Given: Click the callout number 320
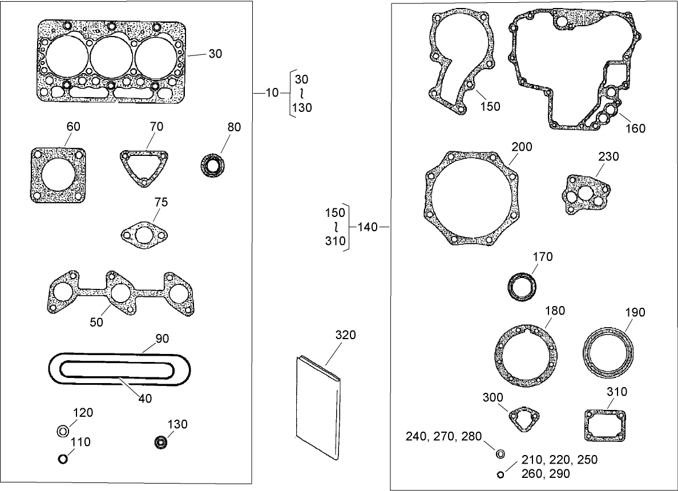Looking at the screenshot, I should pos(345,335).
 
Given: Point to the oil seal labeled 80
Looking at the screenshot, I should pos(213,166).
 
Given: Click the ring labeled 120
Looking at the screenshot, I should pos(63,431).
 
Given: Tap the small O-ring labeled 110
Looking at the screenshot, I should pos(63,458).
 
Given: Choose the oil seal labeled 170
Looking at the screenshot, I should pos(522,286).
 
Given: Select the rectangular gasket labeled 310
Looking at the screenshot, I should pos(605,425).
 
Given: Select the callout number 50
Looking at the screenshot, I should pos(96,323).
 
